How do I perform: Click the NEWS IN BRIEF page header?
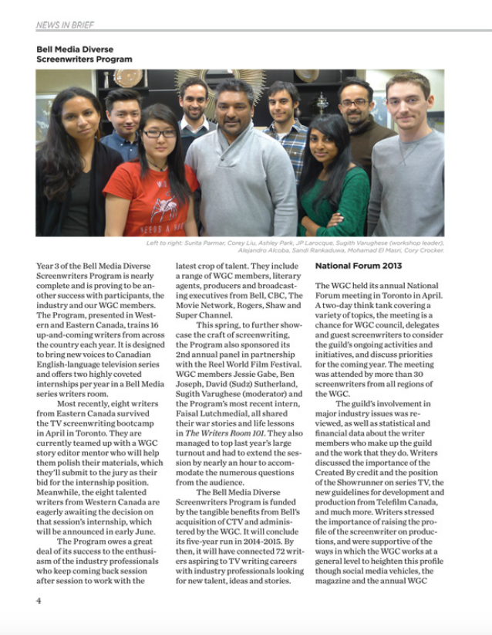(65, 25)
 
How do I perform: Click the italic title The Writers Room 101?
(220, 434)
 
